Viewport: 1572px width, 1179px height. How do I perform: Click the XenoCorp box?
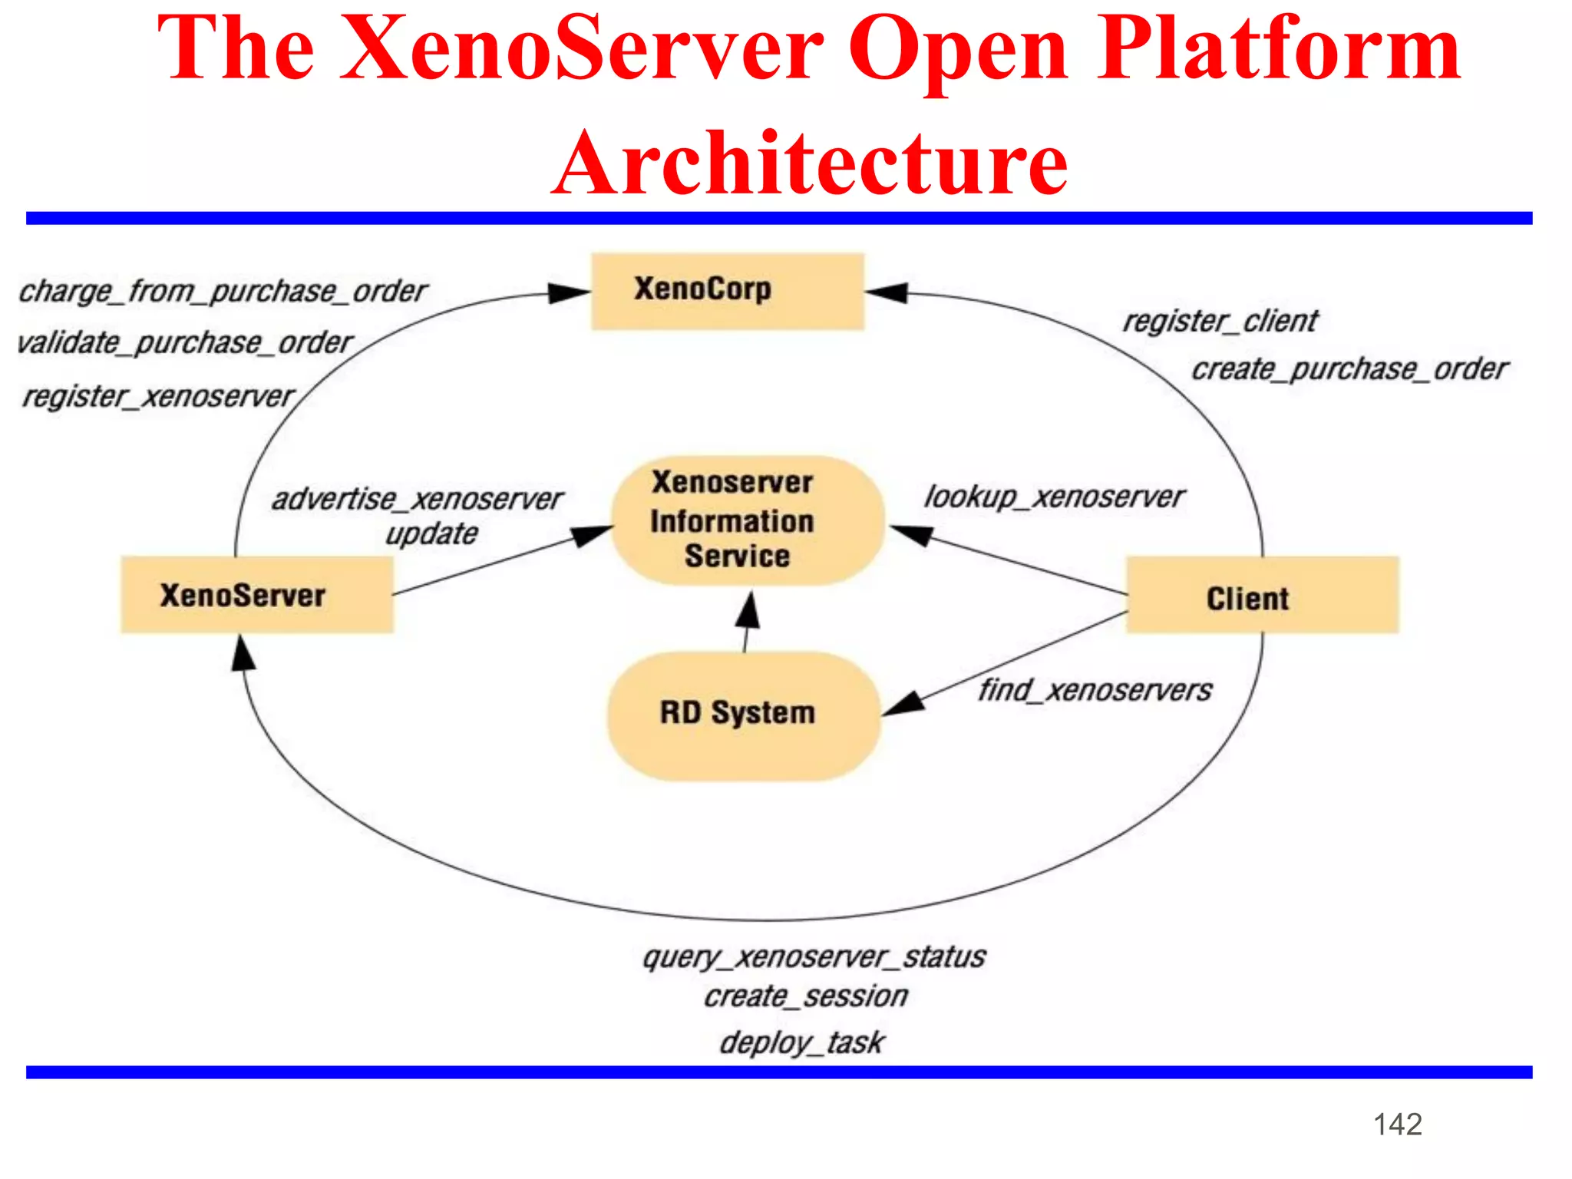coord(727,291)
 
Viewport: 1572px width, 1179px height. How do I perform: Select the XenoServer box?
coord(257,595)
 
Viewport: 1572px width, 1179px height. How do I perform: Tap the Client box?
coord(1262,596)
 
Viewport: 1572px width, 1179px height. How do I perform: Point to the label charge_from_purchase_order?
coord(223,292)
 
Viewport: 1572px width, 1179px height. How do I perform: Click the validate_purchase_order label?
coord(184,342)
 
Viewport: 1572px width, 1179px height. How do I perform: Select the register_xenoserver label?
coord(158,397)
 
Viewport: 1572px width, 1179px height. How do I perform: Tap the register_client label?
coord(1220,321)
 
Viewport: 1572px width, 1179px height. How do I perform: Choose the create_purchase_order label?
coord(1349,369)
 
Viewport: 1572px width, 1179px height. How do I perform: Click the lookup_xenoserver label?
coord(1054,497)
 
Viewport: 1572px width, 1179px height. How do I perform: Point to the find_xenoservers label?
coord(1095,690)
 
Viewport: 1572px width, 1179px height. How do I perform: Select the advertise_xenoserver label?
coord(418,500)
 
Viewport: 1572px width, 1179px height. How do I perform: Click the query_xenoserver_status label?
coord(814,957)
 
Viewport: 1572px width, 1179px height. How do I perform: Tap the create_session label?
coord(806,996)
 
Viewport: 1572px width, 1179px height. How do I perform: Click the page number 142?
coord(1398,1125)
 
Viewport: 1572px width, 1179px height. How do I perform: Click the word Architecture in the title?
coord(810,163)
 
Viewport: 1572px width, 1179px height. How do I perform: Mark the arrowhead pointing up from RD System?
coord(748,611)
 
